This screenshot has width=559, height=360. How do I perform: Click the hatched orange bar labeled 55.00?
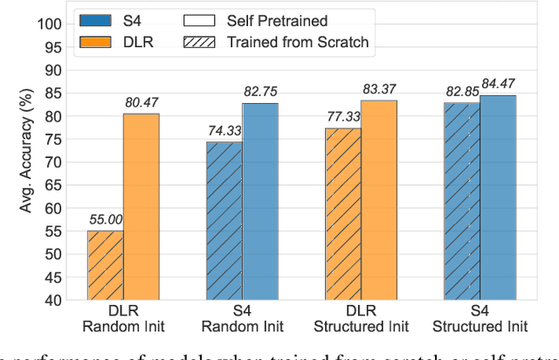(106, 265)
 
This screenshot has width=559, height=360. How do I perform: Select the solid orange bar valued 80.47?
(141, 206)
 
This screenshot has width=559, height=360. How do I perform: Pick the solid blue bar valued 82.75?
(260, 201)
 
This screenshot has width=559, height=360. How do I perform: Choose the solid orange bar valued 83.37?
(379, 199)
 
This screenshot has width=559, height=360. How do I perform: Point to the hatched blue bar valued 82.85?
(462, 201)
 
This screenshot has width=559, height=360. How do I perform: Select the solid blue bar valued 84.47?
(498, 197)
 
